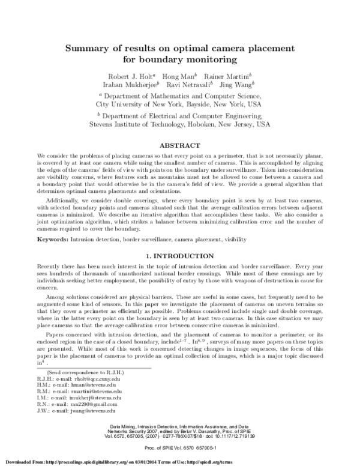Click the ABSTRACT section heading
(179, 145)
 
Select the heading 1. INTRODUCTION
(179, 256)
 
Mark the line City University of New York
(179, 103)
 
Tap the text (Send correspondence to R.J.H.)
(62, 373)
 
